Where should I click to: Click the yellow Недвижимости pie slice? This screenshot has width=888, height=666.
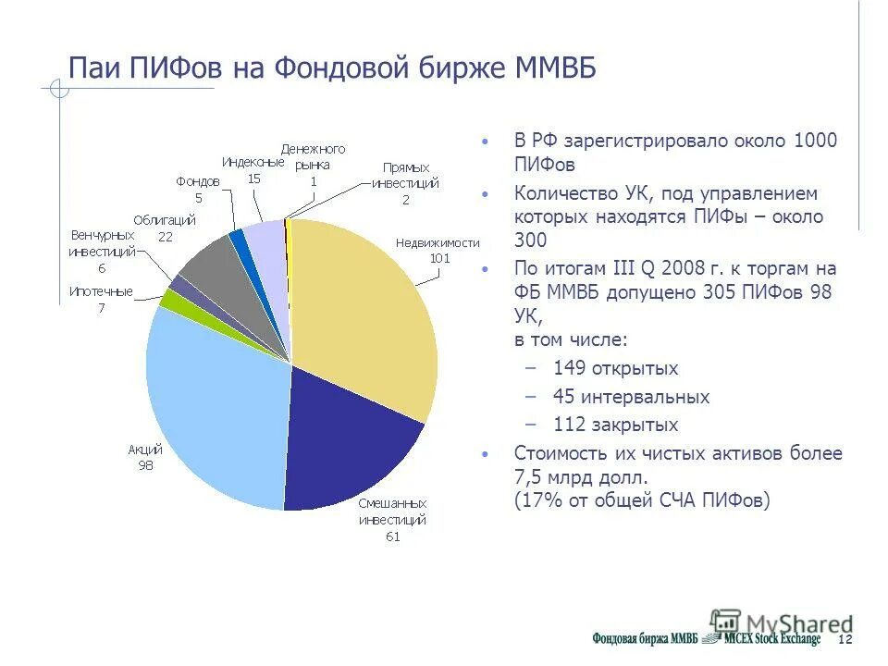[x=370, y=305]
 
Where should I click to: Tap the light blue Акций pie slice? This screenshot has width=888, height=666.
[x=213, y=398]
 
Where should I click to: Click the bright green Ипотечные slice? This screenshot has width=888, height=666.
[x=170, y=298]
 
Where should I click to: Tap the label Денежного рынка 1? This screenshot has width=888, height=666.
[x=313, y=165]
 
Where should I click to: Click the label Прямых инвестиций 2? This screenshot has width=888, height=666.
[x=405, y=183]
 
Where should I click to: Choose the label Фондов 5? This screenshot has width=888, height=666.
[x=198, y=189]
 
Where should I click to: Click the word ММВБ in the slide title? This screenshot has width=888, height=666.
[x=553, y=68]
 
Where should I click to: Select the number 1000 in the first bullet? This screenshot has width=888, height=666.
[x=814, y=142]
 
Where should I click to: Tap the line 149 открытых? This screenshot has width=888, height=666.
[x=615, y=368]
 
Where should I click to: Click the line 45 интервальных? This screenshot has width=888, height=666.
[x=631, y=397]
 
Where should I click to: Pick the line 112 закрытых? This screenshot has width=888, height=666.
[x=615, y=425]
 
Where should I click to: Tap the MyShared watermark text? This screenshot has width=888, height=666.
[x=799, y=623]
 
